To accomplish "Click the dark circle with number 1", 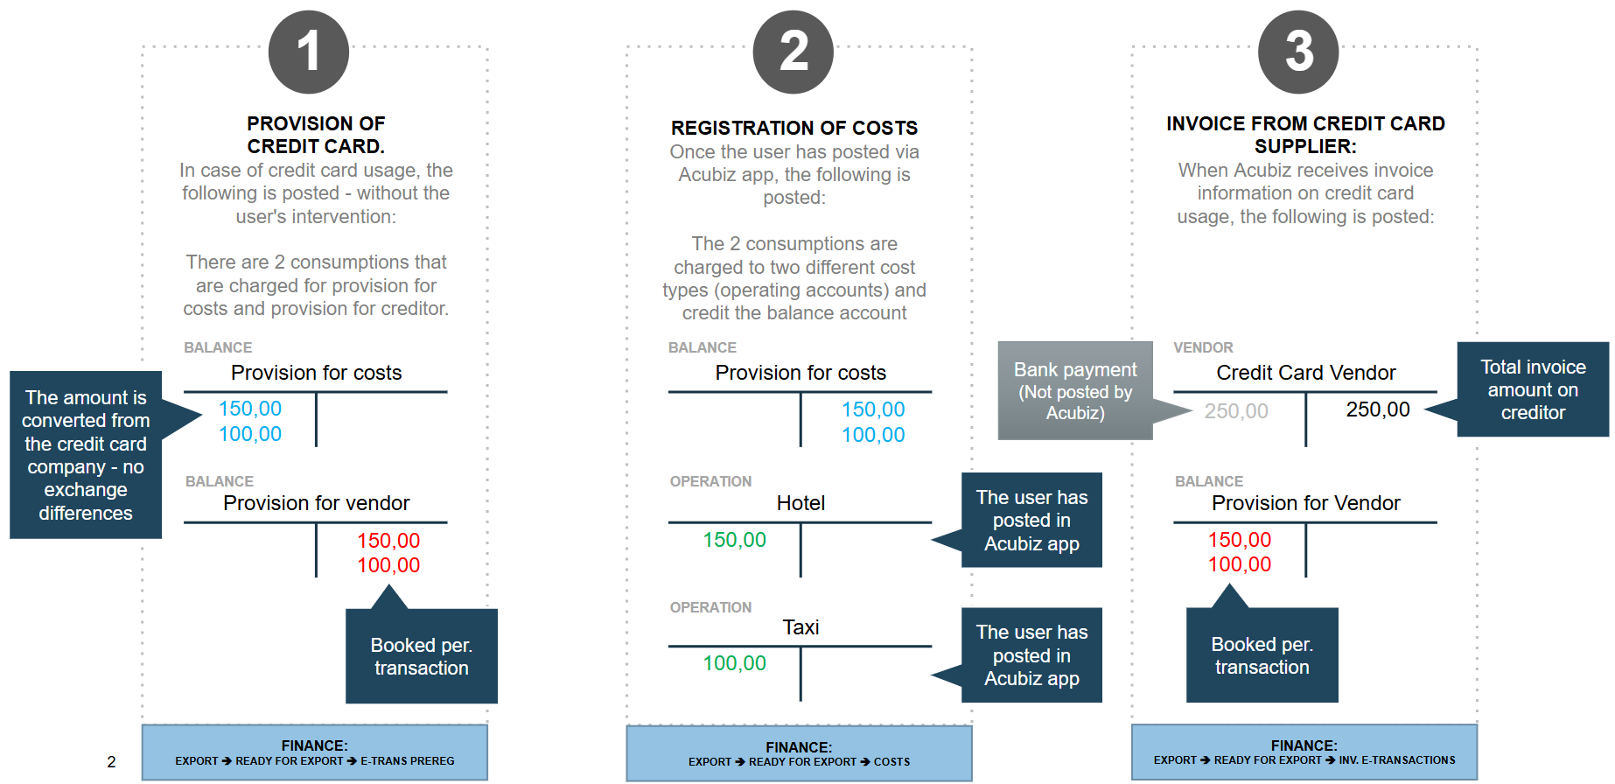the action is pos(309,52).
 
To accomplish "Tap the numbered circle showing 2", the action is pos(794,52).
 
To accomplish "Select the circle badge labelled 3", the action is pos(1298,52).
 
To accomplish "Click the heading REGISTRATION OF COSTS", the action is pos(794,128).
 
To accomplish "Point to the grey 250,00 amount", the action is pos(1236,411).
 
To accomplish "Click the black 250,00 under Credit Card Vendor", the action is pos(1378,409).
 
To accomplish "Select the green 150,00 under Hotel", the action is pos(735,540).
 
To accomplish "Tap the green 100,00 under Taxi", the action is pos(735,663).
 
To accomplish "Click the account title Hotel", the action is pos(801,503).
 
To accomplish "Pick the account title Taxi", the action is pos(801,627).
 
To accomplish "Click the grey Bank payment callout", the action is pos(1075,390).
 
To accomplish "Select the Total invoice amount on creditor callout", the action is pos(1533,389).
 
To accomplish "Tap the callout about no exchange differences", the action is pos(86,455).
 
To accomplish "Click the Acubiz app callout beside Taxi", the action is pos(1031,655).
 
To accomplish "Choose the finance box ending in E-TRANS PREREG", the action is pos(315,752).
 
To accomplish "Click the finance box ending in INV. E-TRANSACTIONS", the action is pos(1304,752).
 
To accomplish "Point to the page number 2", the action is pos(111,762).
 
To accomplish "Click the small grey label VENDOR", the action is pos(1203,347).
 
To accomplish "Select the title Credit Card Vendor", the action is pos(1306,373).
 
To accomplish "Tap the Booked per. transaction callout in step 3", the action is pos(1262,655).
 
